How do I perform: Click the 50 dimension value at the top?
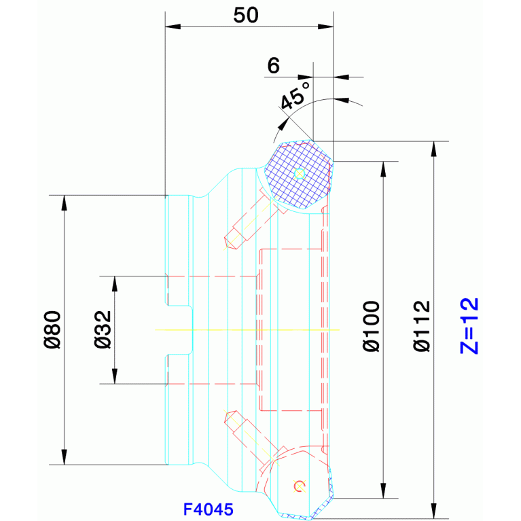point(246,16)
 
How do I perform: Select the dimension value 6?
point(274,65)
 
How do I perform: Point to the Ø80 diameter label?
point(52,329)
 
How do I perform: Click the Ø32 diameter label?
point(103,329)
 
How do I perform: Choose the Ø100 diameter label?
point(371,326)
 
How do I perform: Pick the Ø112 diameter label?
point(422,326)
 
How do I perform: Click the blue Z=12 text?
point(469,326)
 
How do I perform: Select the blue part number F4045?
point(209,509)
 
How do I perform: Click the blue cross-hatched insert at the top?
point(298,175)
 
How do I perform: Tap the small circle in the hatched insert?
point(300,174)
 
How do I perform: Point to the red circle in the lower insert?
point(300,486)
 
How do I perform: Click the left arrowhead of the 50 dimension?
point(173,26)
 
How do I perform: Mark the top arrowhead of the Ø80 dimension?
point(64,202)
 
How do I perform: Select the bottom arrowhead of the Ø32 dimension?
point(115,376)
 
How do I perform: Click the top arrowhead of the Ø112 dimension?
point(433,149)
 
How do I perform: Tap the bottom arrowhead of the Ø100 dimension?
point(383,490)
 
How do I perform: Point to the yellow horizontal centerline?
point(247,329)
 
